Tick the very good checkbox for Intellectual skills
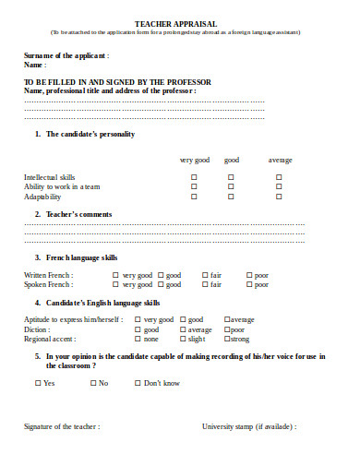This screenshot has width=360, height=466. click(193, 176)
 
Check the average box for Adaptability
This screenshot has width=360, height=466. click(279, 197)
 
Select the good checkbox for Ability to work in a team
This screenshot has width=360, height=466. click(231, 186)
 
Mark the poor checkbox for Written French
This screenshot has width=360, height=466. click(248, 275)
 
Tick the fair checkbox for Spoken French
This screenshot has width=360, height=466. click(204, 284)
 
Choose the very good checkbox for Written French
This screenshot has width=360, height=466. click(115, 275)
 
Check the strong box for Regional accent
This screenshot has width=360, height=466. click(227, 339)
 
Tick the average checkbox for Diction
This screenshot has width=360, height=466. click(182, 329)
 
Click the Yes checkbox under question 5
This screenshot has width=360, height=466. click(37, 383)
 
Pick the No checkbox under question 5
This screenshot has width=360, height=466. click(92, 383)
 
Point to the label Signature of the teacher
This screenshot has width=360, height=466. click(61, 426)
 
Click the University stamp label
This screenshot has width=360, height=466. click(249, 426)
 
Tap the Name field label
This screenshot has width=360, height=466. click(34, 66)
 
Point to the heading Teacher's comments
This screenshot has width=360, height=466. click(79, 214)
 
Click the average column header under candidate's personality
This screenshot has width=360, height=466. click(281, 160)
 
